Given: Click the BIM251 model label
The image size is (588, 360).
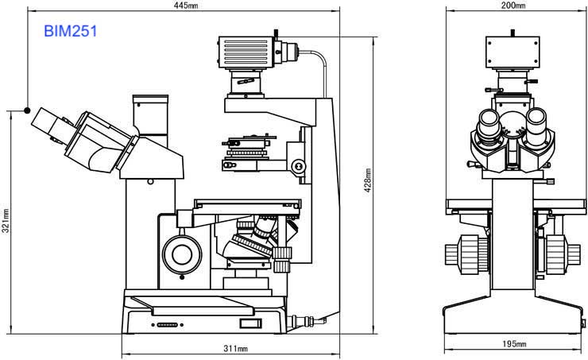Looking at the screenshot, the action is (x=71, y=31).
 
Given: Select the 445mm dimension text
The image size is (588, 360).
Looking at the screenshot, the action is (x=186, y=6).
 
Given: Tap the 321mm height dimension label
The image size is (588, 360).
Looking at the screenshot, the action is (x=6, y=221).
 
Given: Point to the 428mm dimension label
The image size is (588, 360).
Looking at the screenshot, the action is (x=368, y=180).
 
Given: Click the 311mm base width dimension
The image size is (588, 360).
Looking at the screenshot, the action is (x=235, y=348).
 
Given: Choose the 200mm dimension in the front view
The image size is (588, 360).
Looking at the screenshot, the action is (x=513, y=6).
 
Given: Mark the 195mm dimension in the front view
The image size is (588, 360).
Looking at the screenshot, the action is (x=514, y=343).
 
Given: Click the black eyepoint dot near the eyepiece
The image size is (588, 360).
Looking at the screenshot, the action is (x=27, y=110).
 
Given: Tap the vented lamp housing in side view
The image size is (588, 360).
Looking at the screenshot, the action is (x=246, y=52).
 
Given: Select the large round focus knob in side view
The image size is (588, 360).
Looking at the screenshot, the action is (x=182, y=254).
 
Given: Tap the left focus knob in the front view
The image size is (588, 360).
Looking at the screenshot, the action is (x=466, y=254).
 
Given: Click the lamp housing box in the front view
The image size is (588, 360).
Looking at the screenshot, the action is (x=513, y=52).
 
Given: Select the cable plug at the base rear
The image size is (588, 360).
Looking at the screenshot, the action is (x=307, y=321).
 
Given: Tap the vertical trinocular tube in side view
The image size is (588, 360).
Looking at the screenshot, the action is (x=150, y=120).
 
